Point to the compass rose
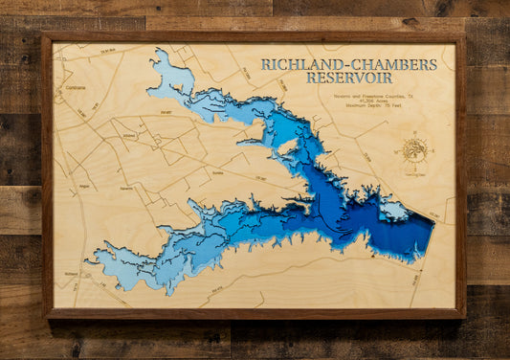coord(414,149)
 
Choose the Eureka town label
coord(191,162)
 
